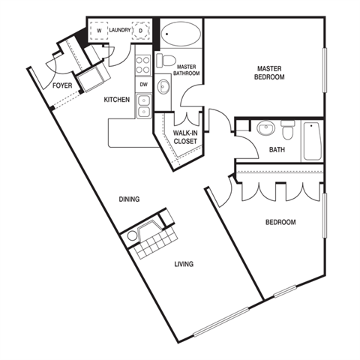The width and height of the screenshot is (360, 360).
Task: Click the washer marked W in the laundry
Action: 99,31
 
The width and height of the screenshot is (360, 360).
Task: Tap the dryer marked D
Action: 141,31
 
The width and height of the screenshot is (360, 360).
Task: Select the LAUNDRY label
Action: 120,30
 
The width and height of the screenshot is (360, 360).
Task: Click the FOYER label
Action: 62,85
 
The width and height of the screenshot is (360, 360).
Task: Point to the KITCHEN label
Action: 117,100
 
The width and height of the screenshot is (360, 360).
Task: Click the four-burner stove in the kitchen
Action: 143,65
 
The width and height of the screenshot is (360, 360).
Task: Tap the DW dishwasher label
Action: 143,85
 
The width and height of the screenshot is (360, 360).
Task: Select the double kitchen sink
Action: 143,106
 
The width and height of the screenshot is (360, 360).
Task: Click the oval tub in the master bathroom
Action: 181,34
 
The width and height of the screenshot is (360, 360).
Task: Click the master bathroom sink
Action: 163,86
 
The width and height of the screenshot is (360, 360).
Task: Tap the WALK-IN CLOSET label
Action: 185,137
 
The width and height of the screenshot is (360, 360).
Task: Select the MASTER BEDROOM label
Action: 269,73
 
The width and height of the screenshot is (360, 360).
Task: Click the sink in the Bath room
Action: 266,127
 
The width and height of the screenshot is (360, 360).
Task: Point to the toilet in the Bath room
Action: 288,130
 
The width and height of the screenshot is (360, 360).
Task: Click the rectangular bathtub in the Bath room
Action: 312,141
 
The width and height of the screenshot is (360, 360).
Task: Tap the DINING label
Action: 129,199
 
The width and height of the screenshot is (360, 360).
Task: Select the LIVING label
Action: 184,264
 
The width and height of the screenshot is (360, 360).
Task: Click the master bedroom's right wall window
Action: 325,70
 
